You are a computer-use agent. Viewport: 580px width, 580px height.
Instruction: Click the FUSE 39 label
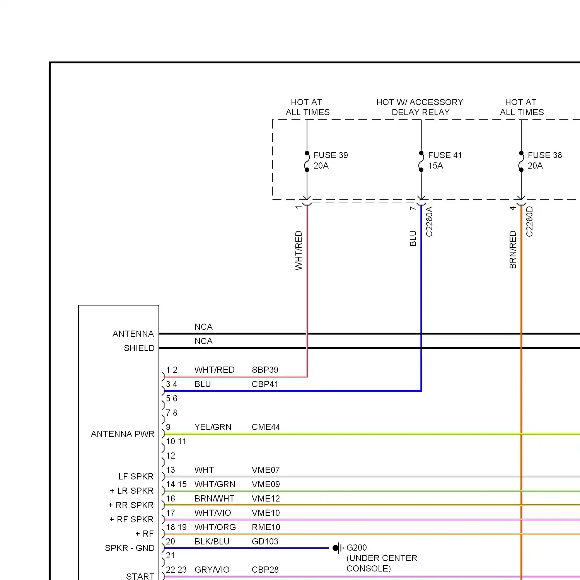(331, 155)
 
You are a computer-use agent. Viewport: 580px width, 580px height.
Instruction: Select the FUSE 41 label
(445, 155)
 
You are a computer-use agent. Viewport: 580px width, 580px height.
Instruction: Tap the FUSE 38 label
(544, 155)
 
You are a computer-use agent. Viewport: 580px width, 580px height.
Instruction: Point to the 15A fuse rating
(435, 165)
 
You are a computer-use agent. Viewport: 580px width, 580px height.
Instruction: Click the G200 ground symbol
(338, 548)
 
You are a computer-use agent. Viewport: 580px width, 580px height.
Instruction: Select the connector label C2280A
(429, 222)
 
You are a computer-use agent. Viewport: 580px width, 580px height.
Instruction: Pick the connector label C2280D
(529, 222)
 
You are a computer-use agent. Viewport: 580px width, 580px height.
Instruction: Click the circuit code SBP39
(265, 370)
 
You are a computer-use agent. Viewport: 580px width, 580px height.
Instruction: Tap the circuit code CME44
(266, 427)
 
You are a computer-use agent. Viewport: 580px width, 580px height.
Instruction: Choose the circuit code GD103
(265, 541)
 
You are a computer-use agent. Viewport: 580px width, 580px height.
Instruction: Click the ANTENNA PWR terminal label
(123, 434)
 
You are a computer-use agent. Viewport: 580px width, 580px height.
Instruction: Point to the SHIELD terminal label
(139, 348)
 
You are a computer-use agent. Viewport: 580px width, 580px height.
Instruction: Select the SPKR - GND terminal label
(130, 548)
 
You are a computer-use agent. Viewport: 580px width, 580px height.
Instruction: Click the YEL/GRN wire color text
(213, 427)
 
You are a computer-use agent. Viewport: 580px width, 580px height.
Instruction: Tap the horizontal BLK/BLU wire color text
(212, 541)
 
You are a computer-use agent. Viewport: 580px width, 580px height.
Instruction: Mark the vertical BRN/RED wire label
(513, 250)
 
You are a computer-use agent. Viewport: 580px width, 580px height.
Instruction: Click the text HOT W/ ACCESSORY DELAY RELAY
(420, 107)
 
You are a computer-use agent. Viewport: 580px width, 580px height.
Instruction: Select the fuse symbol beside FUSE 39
(307, 162)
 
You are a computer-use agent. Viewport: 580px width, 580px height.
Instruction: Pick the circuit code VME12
(266, 498)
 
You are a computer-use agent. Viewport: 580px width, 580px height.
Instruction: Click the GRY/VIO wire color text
(212, 570)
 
